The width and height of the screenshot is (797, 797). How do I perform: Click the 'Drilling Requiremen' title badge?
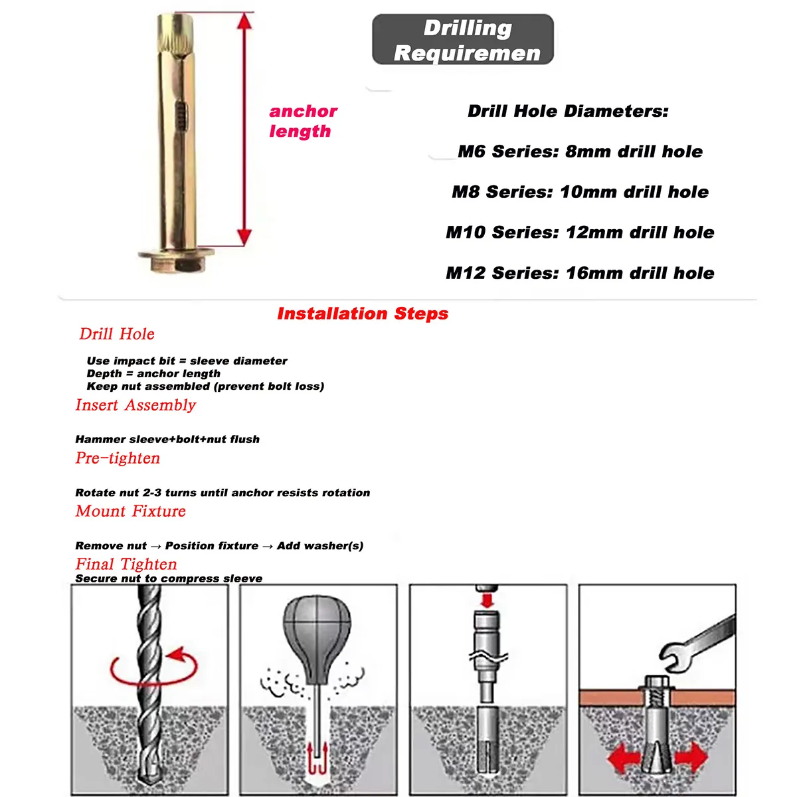[x=463, y=40]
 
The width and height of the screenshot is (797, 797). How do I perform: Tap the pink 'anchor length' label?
[x=303, y=121]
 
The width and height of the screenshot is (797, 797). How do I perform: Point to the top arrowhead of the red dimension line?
[x=244, y=22]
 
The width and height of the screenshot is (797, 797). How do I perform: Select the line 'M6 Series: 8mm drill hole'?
[x=580, y=151]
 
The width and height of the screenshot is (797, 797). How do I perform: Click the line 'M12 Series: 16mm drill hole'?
[x=580, y=273]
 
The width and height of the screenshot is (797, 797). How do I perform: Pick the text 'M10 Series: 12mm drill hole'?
[x=580, y=232]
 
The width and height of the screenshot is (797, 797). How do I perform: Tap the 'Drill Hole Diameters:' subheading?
[x=568, y=111]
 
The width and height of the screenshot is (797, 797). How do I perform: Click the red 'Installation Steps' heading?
[x=363, y=313]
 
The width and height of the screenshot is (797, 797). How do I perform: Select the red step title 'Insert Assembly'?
[x=135, y=405]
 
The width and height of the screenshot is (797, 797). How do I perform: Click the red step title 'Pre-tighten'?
[x=118, y=458]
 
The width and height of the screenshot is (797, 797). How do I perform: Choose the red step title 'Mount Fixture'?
[x=131, y=511]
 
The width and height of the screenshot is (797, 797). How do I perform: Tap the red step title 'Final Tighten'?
[x=126, y=565]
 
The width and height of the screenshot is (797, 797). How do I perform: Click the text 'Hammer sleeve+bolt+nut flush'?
[x=167, y=439]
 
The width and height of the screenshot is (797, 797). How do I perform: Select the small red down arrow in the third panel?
[x=487, y=600]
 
